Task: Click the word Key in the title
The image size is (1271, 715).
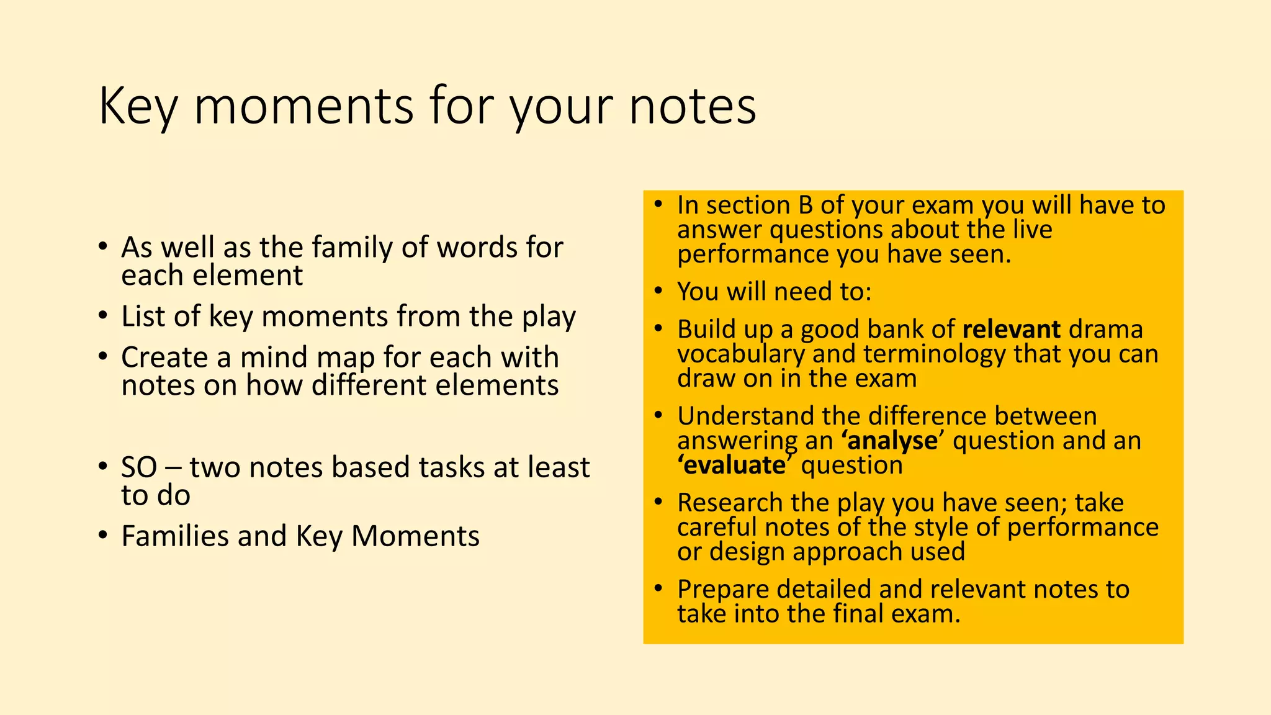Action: coord(138,107)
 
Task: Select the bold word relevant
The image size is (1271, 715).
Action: coord(1011,329)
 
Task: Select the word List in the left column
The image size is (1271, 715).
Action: coord(144,316)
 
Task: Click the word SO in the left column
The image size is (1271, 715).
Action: coord(139,467)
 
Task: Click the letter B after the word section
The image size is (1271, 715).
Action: coord(804,205)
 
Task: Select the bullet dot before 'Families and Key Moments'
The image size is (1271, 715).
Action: coord(103,535)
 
